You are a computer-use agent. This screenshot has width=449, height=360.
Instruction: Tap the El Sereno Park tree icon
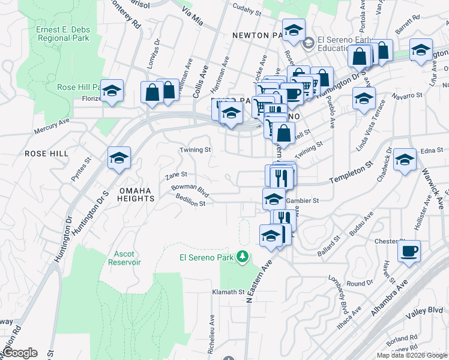click(x=243, y=257)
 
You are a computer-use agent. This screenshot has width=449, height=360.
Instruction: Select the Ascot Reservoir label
click(x=125, y=258)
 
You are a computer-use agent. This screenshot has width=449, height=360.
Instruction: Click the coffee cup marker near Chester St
click(x=409, y=250)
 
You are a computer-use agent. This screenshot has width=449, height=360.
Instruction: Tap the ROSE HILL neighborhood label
click(x=46, y=154)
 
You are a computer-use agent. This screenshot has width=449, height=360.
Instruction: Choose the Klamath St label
click(x=227, y=292)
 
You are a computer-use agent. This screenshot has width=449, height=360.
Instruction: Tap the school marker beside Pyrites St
click(x=119, y=158)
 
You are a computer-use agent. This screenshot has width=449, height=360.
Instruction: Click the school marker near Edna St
click(x=405, y=160)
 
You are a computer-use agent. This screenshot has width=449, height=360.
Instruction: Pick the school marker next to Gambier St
click(x=274, y=198)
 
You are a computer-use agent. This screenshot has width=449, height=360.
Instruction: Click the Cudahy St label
click(x=247, y=12)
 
